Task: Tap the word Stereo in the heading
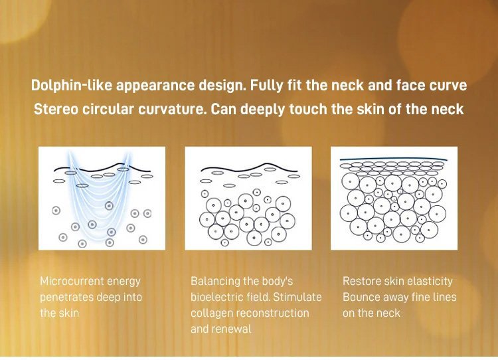tap(54, 109)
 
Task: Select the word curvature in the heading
tap(171, 109)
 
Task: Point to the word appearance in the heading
tap(155, 86)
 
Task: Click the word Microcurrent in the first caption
tap(72, 281)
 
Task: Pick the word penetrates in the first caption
tap(66, 298)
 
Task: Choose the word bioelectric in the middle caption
tap(218, 297)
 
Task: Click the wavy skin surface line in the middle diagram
tap(249, 169)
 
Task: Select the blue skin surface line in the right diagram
tap(394, 159)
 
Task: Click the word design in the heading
tap(222, 86)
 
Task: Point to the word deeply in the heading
tap(264, 110)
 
